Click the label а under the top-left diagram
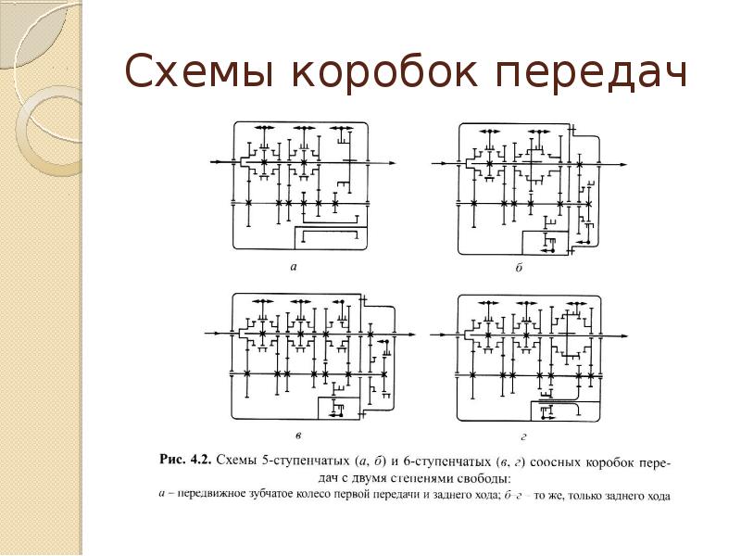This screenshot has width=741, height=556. coord(293,267)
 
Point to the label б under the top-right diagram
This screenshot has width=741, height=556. coord(519,267)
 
